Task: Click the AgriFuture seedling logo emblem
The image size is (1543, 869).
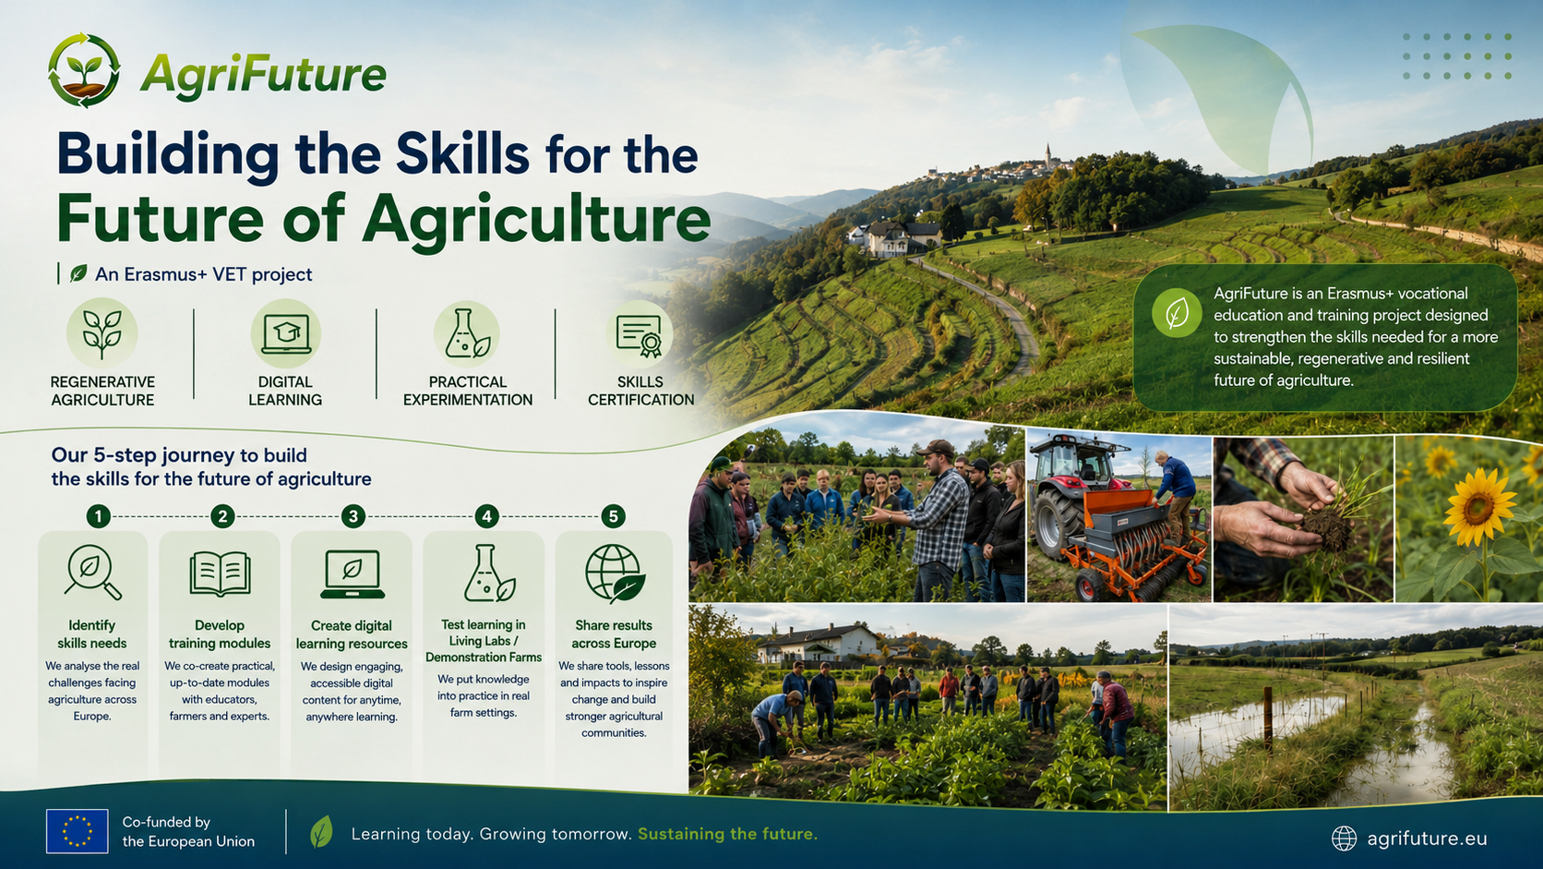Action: (x=84, y=70)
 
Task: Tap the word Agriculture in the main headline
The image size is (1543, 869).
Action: (x=536, y=219)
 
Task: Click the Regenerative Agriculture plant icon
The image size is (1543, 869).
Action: (x=102, y=334)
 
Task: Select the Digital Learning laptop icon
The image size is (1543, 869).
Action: (x=285, y=334)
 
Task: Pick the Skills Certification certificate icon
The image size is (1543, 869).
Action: (x=640, y=335)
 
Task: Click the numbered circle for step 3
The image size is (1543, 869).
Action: (x=353, y=516)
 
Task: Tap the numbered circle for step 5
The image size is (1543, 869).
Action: (x=613, y=516)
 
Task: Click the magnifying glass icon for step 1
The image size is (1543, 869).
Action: (x=92, y=572)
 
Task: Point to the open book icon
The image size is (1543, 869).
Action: (x=220, y=573)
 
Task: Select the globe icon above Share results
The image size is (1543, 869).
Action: (x=615, y=573)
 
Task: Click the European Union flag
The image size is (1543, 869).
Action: (x=78, y=831)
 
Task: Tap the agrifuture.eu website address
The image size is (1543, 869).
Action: (x=1427, y=839)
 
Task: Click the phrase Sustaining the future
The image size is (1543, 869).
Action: (x=727, y=834)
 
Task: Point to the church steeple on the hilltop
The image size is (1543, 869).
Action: (x=1047, y=156)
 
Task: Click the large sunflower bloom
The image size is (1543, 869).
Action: (x=1478, y=507)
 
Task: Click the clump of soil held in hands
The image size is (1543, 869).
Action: (x=1326, y=528)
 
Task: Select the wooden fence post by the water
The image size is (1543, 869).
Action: (x=1267, y=720)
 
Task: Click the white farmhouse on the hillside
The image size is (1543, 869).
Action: (x=895, y=238)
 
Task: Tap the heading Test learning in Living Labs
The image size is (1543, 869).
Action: (x=483, y=641)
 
